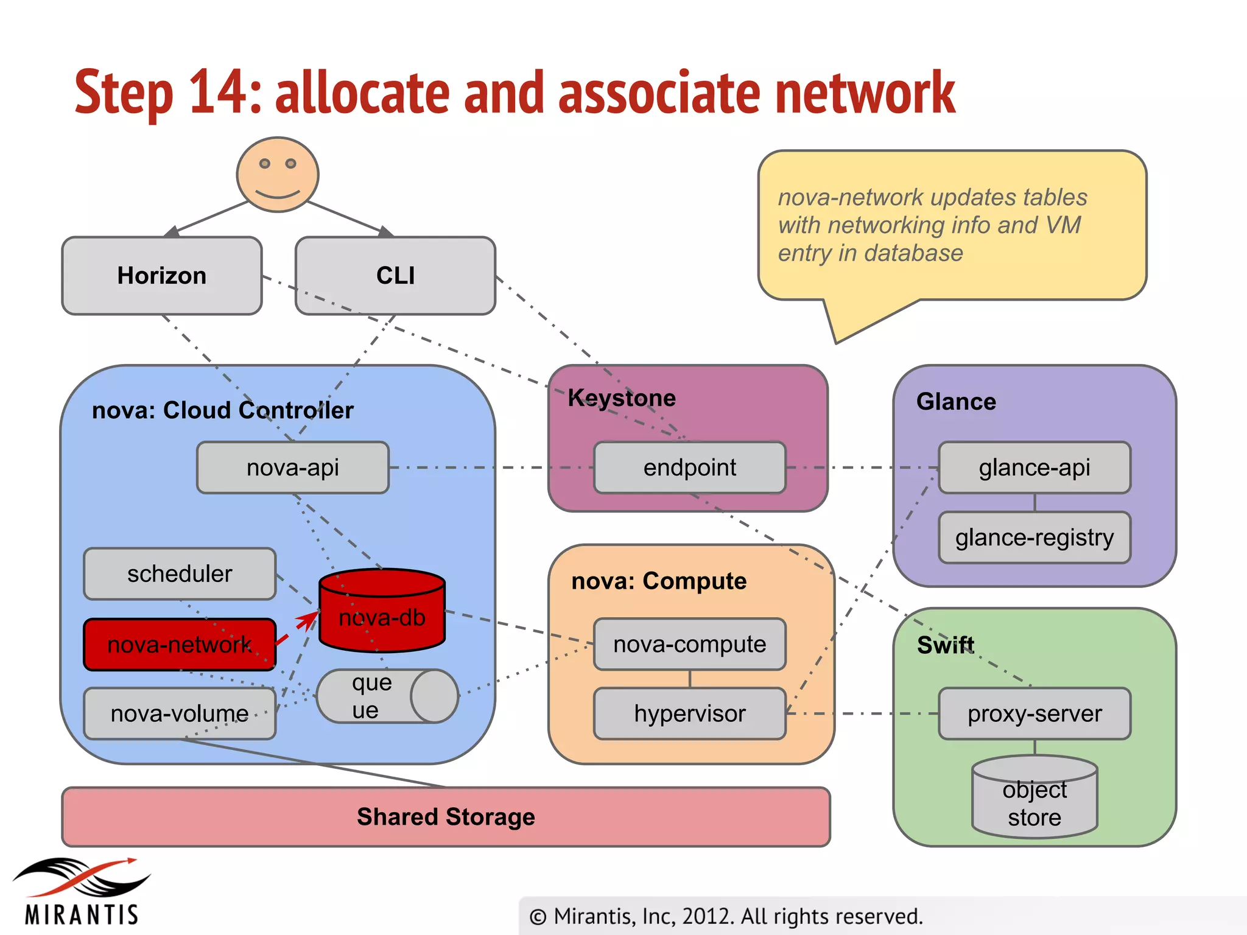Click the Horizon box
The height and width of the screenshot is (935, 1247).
162,276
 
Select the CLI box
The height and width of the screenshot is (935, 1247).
395,276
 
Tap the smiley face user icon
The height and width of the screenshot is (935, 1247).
278,174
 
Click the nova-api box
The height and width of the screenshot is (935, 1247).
293,467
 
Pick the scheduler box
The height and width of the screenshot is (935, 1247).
180,573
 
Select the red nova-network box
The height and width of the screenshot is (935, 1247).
180,645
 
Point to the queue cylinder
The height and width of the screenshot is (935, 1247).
387,696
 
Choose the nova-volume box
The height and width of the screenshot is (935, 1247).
180,713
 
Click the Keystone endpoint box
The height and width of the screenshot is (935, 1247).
690,467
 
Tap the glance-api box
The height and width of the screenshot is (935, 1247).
1034,467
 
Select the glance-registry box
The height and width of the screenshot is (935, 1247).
1034,538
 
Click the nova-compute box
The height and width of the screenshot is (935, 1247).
690,644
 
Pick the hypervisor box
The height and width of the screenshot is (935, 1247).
690,713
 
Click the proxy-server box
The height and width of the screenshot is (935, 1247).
1034,713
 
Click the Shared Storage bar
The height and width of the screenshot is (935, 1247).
446,817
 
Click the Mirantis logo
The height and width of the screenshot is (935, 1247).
82,891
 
